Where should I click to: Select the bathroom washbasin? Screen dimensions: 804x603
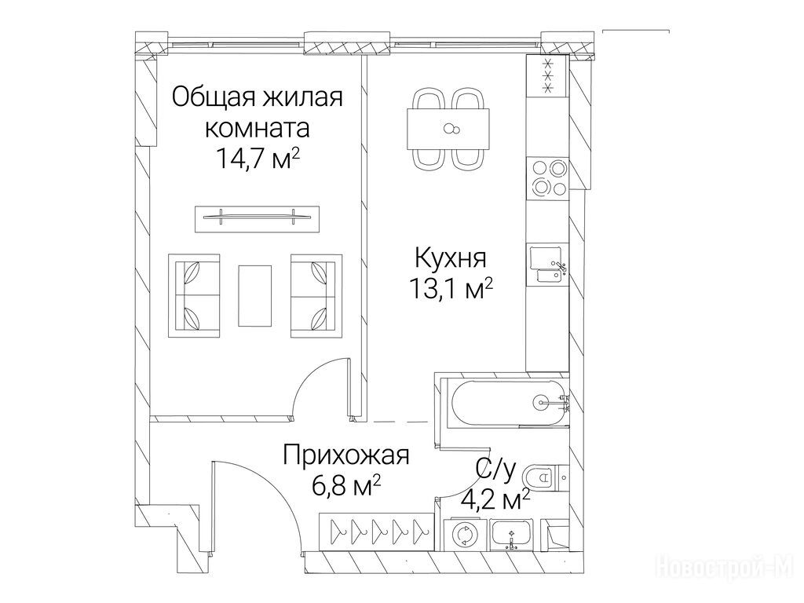pyautogui.click(x=512, y=535)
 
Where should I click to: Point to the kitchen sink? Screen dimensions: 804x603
pyautogui.click(x=547, y=264)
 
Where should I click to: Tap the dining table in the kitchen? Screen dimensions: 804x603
pyautogui.click(x=448, y=129)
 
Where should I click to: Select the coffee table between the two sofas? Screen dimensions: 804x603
pyautogui.click(x=255, y=295)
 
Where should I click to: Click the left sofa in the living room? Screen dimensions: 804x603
pyautogui.click(x=195, y=296)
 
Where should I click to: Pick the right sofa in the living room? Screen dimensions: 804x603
pyautogui.click(x=316, y=296)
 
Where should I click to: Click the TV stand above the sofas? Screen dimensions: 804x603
pyautogui.click(x=257, y=219)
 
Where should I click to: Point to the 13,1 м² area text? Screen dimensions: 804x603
pyautogui.click(x=451, y=289)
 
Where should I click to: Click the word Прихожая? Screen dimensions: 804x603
pyautogui.click(x=346, y=455)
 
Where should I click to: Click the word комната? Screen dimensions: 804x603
pyautogui.click(x=258, y=128)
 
